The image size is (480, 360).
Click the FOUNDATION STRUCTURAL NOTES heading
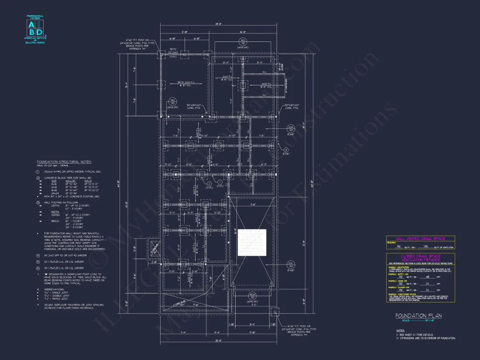coord(64,162)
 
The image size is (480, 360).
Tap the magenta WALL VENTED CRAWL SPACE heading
coord(420,239)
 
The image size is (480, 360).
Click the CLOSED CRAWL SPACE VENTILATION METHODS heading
coord(420,258)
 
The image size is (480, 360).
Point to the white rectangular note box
coord(251,242)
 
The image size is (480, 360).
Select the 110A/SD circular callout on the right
coord(290,129)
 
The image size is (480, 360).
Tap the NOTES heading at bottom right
coord(400,331)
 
